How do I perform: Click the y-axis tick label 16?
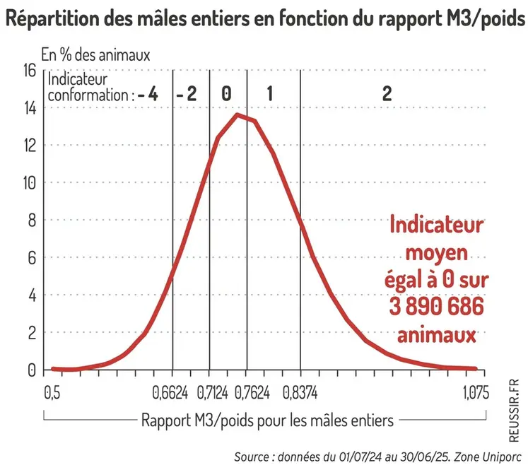pos(29,71)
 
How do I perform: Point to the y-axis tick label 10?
pos(29,183)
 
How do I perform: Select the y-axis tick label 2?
pos(33,333)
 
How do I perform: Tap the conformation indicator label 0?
pos(226,94)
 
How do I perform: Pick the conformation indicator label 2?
pos(386,94)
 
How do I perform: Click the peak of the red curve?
pos(237,114)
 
